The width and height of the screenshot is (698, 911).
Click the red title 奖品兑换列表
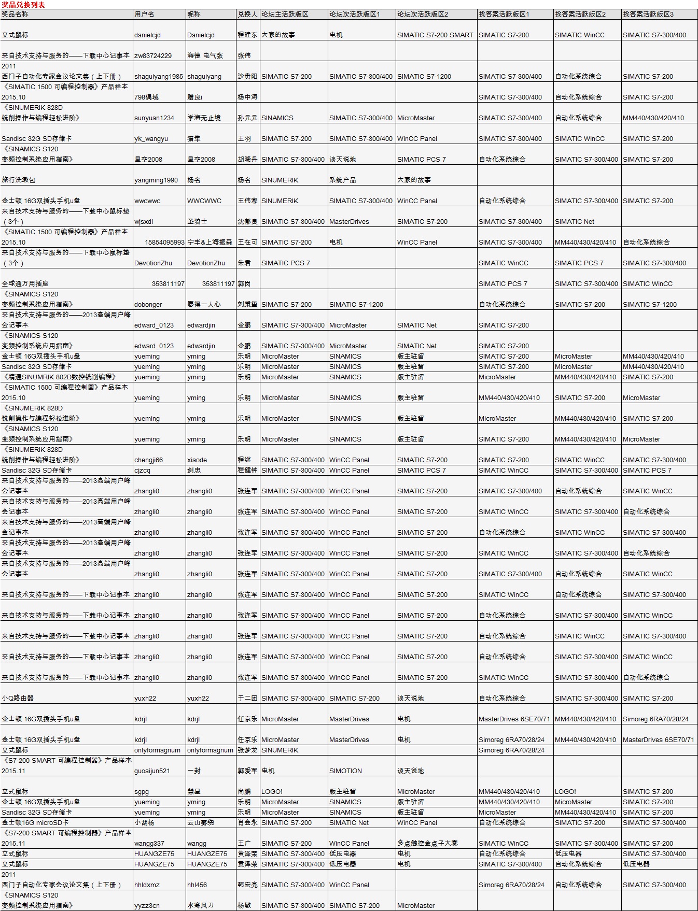pos(23,5)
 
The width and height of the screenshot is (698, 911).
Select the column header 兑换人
pos(247,15)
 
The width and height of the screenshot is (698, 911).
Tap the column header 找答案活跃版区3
pos(648,15)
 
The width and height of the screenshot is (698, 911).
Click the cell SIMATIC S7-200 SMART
pos(435,35)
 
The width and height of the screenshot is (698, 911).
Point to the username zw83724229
pos(153,56)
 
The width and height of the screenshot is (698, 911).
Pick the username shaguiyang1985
pos(159,77)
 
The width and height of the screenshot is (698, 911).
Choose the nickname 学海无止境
pos(204,118)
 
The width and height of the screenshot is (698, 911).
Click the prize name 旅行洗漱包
pos(19,180)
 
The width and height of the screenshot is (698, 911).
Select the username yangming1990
pos(156,180)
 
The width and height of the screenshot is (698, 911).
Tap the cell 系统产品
pos(343,180)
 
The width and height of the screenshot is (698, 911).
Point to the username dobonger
pos(148,305)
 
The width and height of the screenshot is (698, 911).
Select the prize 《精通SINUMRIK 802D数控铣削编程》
pos(59,377)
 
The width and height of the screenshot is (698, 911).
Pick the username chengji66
pos(149,460)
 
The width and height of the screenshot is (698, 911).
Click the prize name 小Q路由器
pos(18,698)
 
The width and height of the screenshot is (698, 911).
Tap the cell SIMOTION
pos(345,771)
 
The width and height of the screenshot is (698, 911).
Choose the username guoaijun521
pos(152,771)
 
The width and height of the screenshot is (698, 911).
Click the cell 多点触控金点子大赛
pos(427,844)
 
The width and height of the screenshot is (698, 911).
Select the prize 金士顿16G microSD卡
pos(35,823)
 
